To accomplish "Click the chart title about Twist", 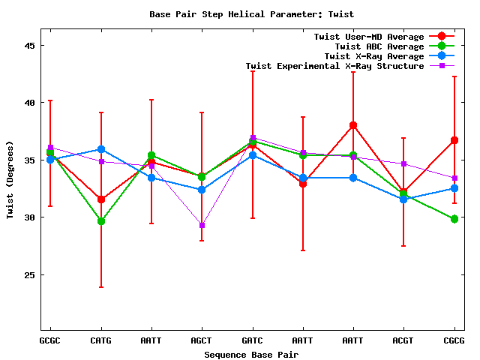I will click(251, 14).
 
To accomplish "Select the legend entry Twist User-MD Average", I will click(369, 37).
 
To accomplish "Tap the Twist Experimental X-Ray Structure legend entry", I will click(334, 66).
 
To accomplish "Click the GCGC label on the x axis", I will click(50, 340).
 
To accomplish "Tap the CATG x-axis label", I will click(100, 340).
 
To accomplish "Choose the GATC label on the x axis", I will click(253, 340).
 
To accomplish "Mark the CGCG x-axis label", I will click(454, 340).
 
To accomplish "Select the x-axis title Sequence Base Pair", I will click(251, 354).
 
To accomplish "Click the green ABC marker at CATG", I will click(100, 221).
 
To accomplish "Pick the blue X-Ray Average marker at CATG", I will click(100, 150).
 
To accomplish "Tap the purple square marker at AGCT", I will click(202, 225).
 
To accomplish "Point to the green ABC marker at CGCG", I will click(454, 219).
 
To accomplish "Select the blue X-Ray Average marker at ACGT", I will click(403, 199).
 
